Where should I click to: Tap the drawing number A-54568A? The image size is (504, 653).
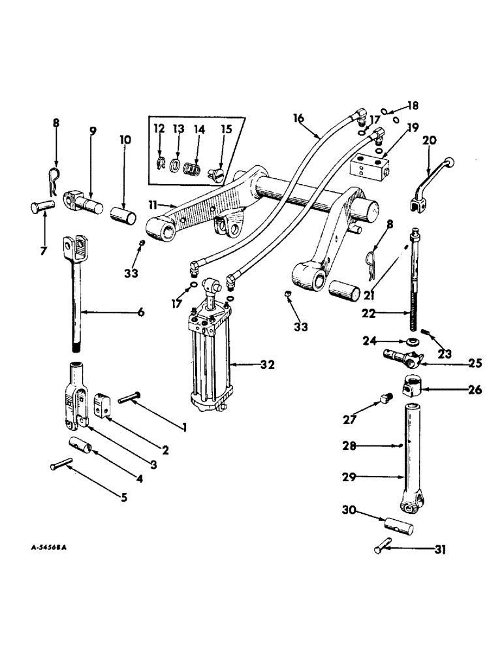48,547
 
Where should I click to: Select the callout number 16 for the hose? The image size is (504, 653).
298,118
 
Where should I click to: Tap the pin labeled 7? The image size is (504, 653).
41,208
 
